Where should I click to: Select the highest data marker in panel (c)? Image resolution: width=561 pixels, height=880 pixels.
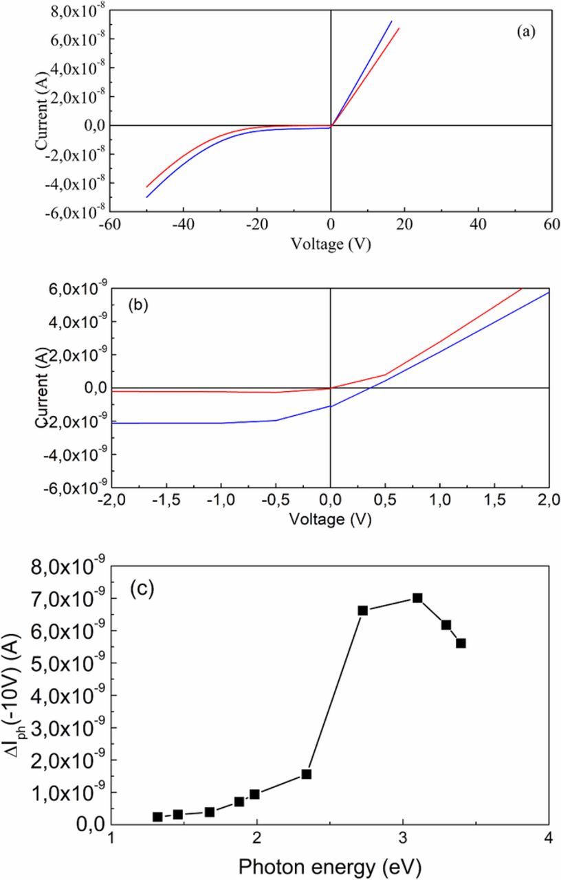pos(417,598)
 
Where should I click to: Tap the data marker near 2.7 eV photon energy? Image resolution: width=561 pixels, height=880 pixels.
pos(363,610)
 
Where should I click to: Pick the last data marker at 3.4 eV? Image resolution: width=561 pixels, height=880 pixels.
pos(461,643)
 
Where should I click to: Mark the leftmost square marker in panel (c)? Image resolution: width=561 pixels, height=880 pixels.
pos(157,817)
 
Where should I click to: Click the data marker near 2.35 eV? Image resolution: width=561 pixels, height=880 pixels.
pos(307,774)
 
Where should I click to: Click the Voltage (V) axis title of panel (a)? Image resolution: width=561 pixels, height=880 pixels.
pos(331,244)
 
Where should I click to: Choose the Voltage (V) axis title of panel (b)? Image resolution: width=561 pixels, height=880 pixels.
pos(331,520)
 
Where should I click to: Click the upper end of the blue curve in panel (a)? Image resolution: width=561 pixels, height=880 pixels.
pos(391,21)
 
